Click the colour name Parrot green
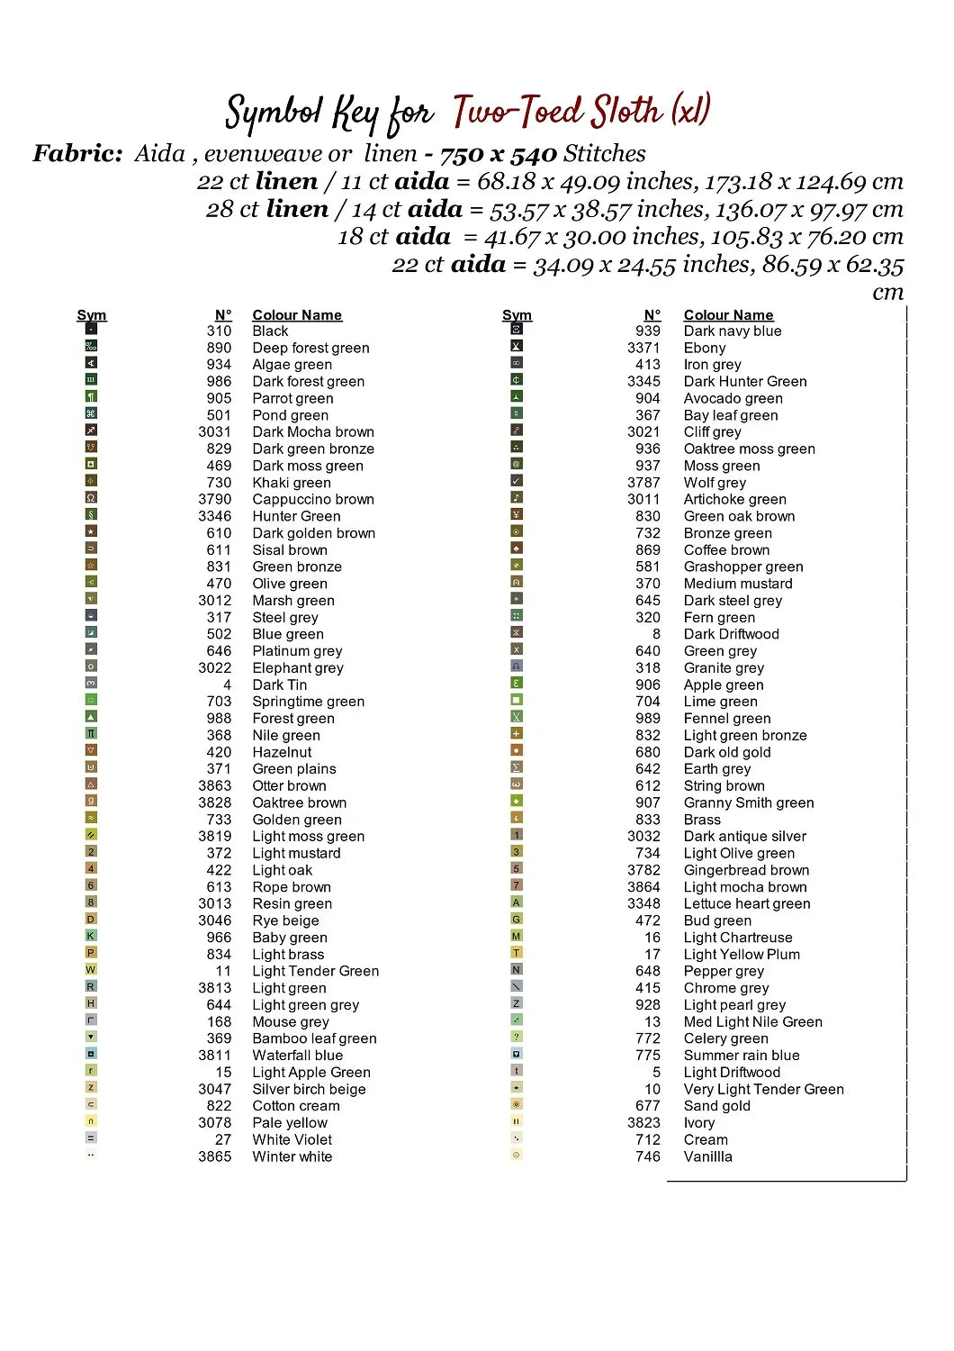coord(292,398)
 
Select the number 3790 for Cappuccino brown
coord(215,499)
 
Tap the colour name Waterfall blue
coord(297,1055)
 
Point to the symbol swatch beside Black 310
coord(91,329)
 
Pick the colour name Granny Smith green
coord(748,802)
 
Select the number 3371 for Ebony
coord(643,348)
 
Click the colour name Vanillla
coord(707,1156)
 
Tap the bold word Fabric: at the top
coord(77,153)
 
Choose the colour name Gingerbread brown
coord(746,870)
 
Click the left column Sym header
coord(91,315)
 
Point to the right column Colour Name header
coord(728,315)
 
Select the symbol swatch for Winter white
coord(91,1155)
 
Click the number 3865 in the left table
coord(215,1156)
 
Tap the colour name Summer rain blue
coord(741,1055)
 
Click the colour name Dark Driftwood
coord(731,634)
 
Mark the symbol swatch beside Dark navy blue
coord(517,329)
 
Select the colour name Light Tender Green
coord(315,971)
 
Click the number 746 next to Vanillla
coord(647,1156)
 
